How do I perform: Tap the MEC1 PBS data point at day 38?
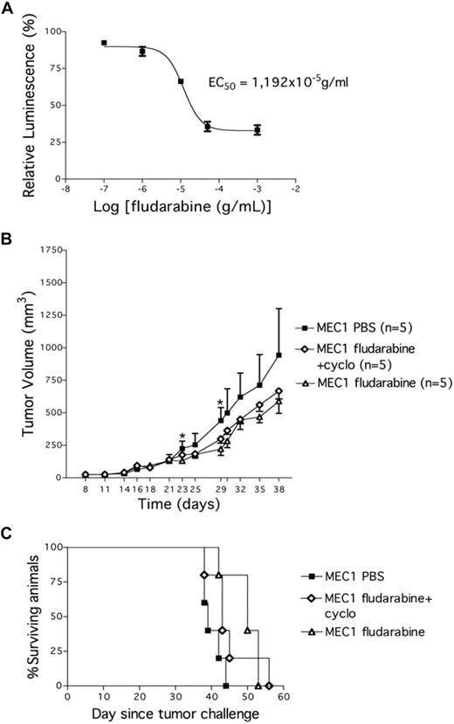point(279,355)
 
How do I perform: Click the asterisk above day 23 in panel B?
point(182,437)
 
